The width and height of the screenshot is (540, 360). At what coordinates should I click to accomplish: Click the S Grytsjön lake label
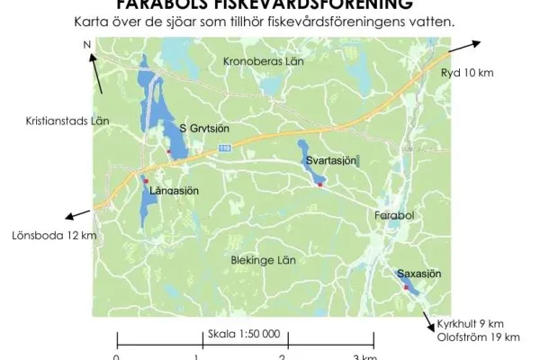pos(209,129)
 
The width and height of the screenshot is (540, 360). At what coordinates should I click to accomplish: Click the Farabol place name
pos(393,216)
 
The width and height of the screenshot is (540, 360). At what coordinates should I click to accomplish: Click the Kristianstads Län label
pos(67,120)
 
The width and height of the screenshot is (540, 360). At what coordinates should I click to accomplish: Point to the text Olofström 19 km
pos(478,337)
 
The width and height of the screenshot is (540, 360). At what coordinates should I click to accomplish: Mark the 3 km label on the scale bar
pos(364,356)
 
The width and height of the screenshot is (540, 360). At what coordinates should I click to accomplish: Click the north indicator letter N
pos(86,44)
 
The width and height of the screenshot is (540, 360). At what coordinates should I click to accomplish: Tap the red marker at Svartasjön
pos(319,185)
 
